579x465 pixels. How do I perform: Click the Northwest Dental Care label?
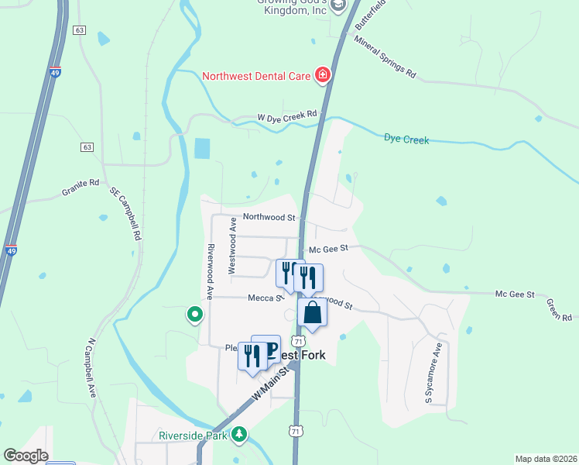(255, 76)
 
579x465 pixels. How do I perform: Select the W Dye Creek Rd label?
(287, 116)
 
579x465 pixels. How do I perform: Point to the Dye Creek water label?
(406, 139)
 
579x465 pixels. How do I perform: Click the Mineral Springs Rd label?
(385, 58)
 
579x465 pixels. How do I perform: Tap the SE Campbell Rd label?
(126, 212)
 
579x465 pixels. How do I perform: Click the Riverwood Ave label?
(209, 272)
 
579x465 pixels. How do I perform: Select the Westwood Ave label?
(231, 246)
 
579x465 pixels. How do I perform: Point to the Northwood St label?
(269, 218)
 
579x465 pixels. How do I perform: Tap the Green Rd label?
(558, 309)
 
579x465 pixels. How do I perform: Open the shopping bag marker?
(313, 312)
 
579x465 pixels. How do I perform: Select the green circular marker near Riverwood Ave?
(194, 315)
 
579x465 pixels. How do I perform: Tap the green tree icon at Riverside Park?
(241, 435)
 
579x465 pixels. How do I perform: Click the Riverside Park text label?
(193, 436)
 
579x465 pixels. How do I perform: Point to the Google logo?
(26, 456)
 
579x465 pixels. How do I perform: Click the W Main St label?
(273, 384)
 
